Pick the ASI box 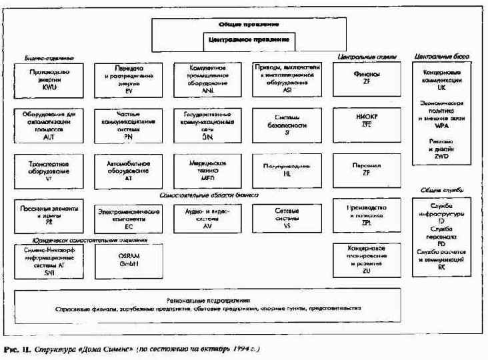(286, 79)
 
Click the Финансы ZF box (367, 79)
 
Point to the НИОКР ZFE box (367, 123)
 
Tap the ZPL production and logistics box (367, 214)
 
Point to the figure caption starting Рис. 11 (133, 348)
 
